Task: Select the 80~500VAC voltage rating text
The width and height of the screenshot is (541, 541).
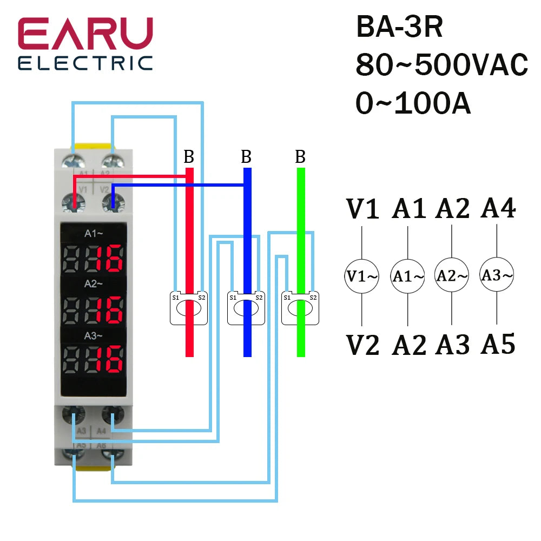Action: tap(441, 66)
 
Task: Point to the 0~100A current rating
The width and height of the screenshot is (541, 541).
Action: tap(413, 104)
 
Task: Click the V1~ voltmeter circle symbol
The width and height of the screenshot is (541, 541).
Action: tap(362, 276)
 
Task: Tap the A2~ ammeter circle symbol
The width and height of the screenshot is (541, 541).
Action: tap(452, 276)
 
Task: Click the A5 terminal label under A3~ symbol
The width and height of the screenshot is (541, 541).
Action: tap(497, 344)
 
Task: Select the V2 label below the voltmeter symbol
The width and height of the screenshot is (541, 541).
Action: tap(363, 345)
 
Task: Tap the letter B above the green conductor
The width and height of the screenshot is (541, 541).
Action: tap(300, 157)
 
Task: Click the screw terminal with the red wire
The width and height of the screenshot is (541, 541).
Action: tap(74, 202)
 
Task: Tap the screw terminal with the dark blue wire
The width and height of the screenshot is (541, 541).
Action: tap(113, 202)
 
